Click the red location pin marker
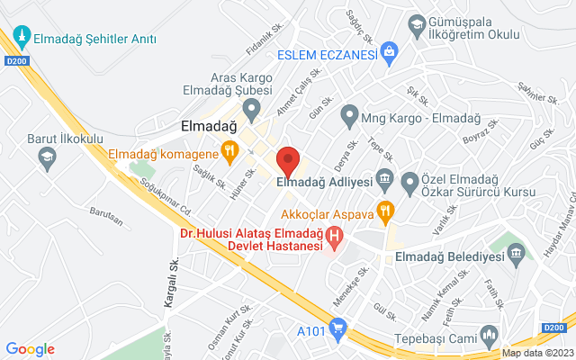coord(287,161)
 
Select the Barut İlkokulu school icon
coord(47,158)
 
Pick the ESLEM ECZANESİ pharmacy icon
coord(389,50)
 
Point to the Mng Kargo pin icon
coord(349,115)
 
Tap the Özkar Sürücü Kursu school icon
coord(411,183)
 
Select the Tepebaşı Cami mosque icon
coord(490,337)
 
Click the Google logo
coord(30,349)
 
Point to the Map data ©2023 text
coord(537,354)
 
